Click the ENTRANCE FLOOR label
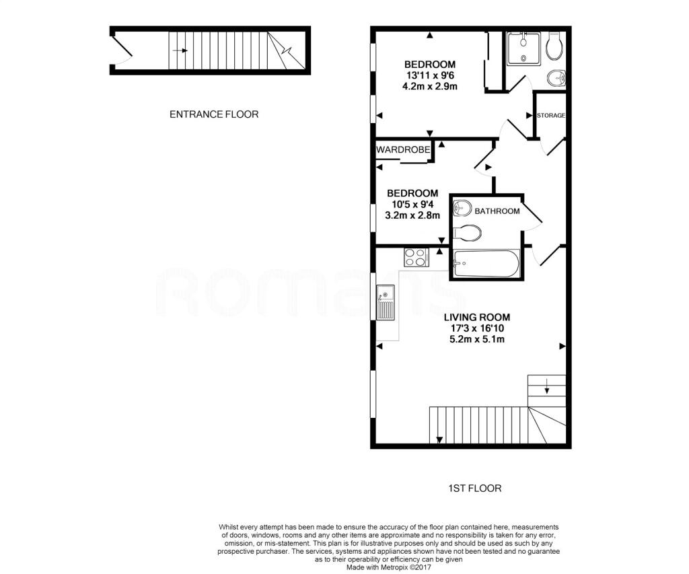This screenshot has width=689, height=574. tap(213, 114)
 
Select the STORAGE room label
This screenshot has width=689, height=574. tap(550, 116)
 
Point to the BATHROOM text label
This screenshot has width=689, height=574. tap(497, 211)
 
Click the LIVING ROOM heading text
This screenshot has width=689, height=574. tap(477, 317)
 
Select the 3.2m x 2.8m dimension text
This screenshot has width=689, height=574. tap(412, 216)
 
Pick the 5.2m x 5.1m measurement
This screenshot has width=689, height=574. tap(477, 339)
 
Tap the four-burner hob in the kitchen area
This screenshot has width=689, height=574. tap(416, 256)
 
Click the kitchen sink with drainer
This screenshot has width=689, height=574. tap(386, 302)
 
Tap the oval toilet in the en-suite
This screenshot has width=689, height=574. tap(555, 46)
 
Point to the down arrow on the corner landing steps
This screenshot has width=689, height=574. tap(546, 386)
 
